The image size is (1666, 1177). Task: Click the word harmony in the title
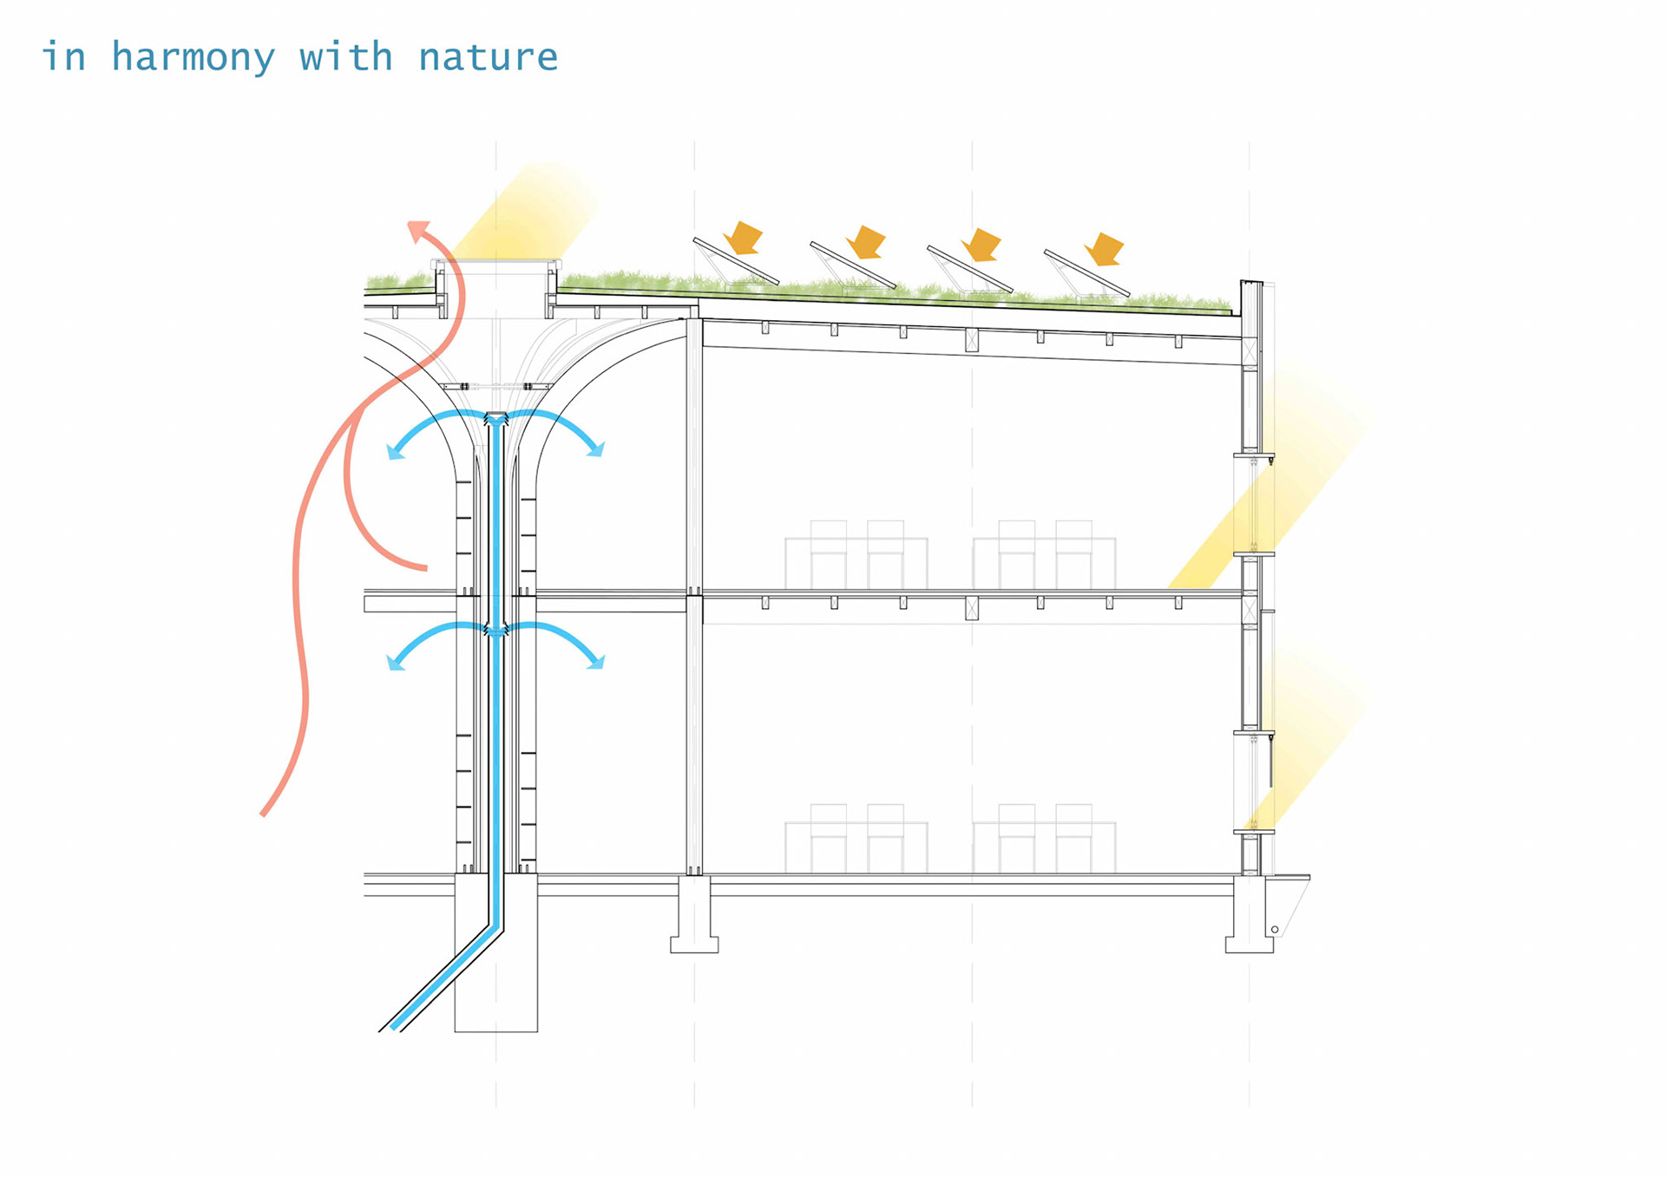pos(193,58)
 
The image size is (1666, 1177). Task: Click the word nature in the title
pos(488,58)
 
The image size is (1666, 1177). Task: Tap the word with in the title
pos(345,58)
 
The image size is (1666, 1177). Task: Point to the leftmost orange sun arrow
pos(743,237)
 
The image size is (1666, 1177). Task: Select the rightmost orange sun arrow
pos(1105,248)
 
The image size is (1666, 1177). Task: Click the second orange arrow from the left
pos(866,241)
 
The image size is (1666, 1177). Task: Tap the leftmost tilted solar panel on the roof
pos(736,260)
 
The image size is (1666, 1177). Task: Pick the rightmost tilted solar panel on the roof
pos(1086,272)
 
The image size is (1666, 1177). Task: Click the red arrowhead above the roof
pos(419,230)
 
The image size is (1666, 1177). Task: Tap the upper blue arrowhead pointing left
pos(396,451)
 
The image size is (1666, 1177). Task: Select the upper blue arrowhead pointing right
pos(596,449)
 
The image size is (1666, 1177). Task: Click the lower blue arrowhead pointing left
pos(395,664)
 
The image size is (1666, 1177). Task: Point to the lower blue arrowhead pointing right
pos(596,663)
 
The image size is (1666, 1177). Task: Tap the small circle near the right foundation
pos(1275,930)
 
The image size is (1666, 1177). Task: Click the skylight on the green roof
pos(496,262)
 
